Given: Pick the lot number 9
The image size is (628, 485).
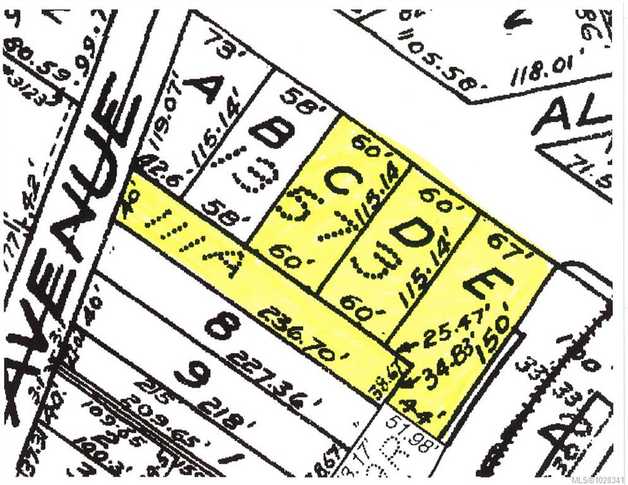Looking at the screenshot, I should [x=190, y=374].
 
